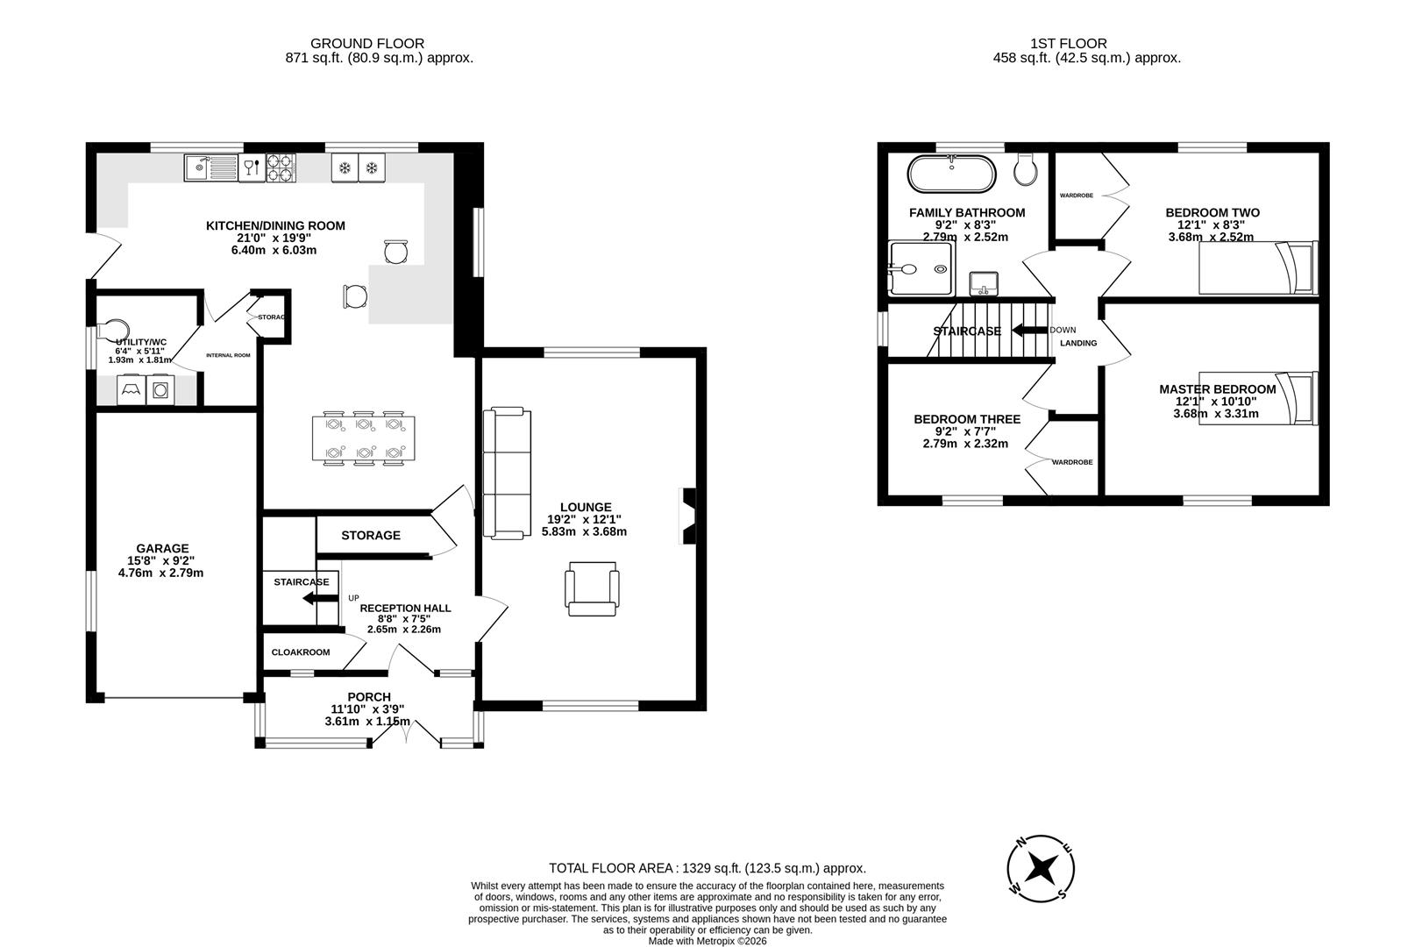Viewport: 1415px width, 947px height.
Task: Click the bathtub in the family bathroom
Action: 951,174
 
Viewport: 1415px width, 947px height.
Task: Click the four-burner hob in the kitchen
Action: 281,167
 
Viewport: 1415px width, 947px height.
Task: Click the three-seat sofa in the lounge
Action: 508,473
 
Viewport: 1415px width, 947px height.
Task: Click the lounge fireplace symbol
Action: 688,516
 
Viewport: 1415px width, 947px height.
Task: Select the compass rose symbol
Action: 1042,868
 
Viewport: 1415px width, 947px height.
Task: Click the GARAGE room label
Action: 161,549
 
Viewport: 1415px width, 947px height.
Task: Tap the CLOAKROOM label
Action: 301,652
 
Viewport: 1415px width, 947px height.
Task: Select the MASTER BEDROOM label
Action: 1217,389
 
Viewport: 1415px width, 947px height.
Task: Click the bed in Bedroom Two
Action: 1258,268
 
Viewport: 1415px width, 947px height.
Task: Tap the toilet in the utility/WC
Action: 112,330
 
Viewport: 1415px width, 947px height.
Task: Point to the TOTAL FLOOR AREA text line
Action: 707,868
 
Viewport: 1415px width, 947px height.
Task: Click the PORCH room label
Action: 368,697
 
